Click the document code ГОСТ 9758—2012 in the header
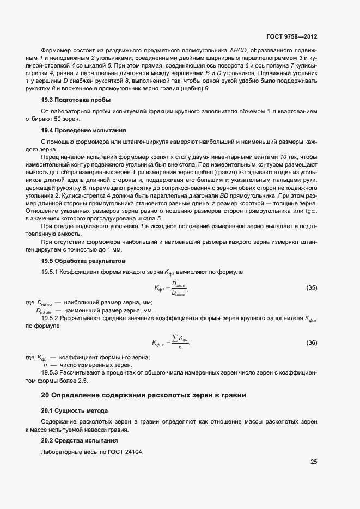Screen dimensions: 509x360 [x=291, y=37]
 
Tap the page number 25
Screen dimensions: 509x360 [x=313, y=462]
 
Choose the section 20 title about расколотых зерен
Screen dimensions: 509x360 [x=143, y=395]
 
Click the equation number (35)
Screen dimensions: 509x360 [x=312, y=287]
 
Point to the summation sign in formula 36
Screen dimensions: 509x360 [x=175, y=339]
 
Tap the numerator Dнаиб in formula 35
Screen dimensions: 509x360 [x=179, y=284]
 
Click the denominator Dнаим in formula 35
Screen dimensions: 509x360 [x=179, y=293]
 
